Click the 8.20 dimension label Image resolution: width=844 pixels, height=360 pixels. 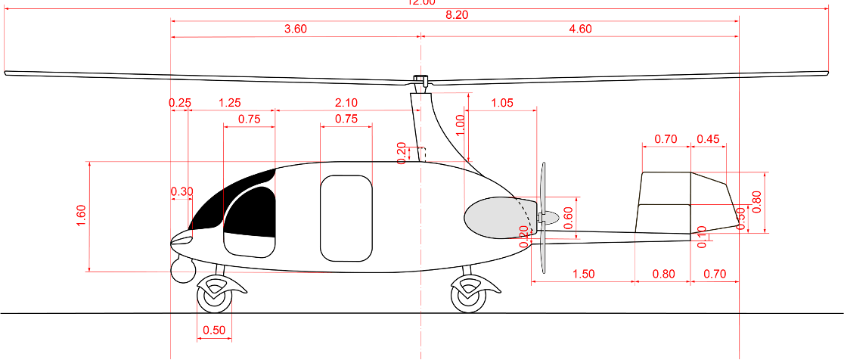click(x=455, y=14)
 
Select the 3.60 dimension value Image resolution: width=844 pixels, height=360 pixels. click(x=295, y=29)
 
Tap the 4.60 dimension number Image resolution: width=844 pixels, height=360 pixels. click(x=579, y=29)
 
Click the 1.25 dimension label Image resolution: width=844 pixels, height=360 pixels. click(x=230, y=103)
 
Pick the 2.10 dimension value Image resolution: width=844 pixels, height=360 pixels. click(x=346, y=103)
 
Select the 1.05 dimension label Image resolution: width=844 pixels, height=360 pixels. click(x=503, y=103)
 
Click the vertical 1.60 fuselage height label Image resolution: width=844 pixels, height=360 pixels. click(x=81, y=216)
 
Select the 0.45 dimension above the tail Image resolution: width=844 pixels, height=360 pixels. click(x=708, y=139)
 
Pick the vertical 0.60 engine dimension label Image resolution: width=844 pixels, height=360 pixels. click(x=569, y=217)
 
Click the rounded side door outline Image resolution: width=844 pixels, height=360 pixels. click(x=346, y=217)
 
